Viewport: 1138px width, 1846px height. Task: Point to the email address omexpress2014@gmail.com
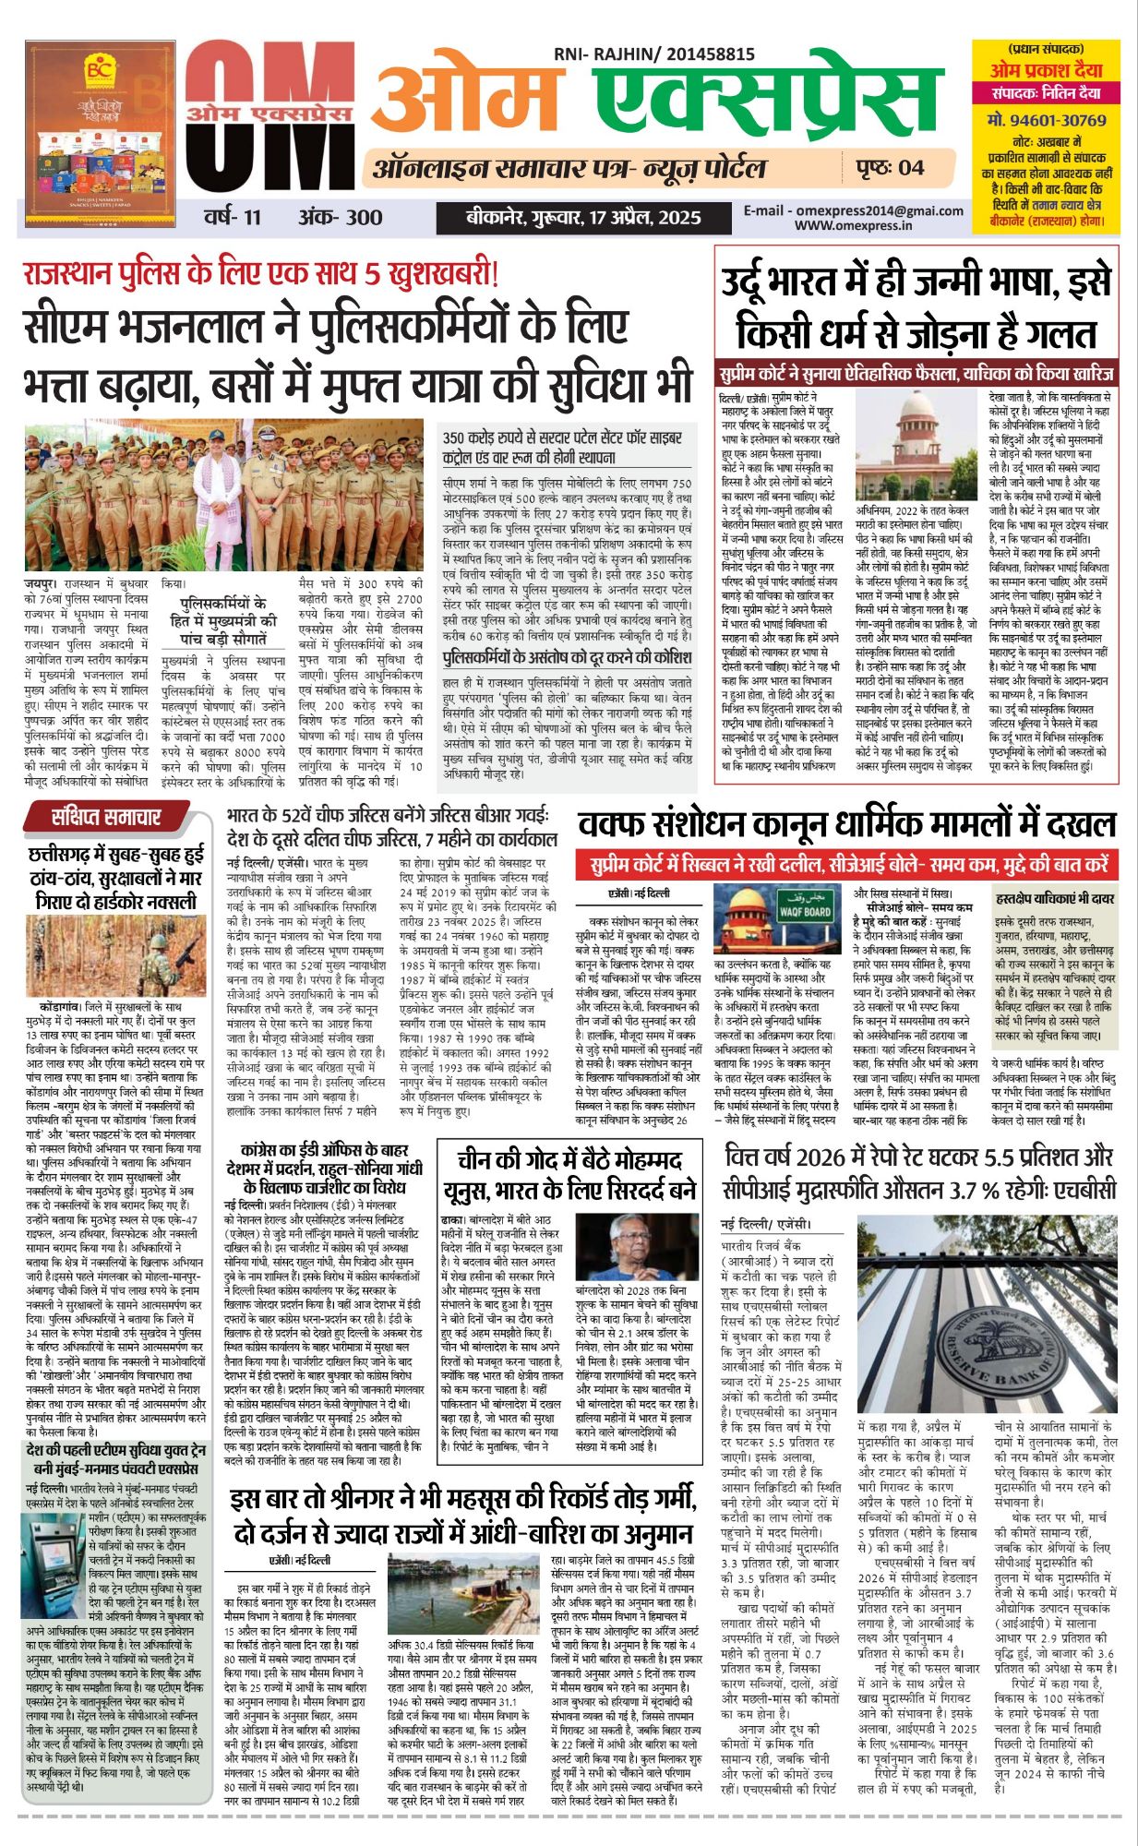(x=854, y=210)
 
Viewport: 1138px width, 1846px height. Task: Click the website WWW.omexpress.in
(x=853, y=224)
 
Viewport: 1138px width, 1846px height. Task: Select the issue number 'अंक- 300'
(x=340, y=218)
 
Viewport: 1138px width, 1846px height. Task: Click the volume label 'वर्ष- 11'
(x=234, y=218)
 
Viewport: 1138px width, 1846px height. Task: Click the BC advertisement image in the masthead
(x=101, y=133)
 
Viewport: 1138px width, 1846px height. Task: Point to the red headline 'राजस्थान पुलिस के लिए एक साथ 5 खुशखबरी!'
(x=261, y=273)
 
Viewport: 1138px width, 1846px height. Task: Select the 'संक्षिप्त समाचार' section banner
(x=106, y=816)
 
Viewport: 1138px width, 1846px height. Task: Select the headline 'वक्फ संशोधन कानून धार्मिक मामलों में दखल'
(x=846, y=823)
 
